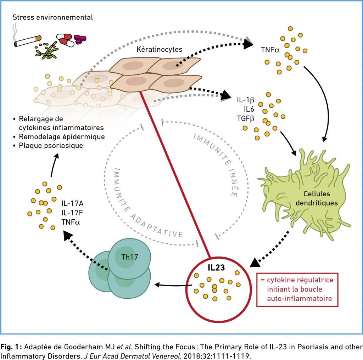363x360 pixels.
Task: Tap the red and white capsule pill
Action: (x=66, y=40)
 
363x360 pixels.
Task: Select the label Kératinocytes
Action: (x=160, y=50)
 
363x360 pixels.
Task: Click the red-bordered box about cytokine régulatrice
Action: (x=297, y=289)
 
